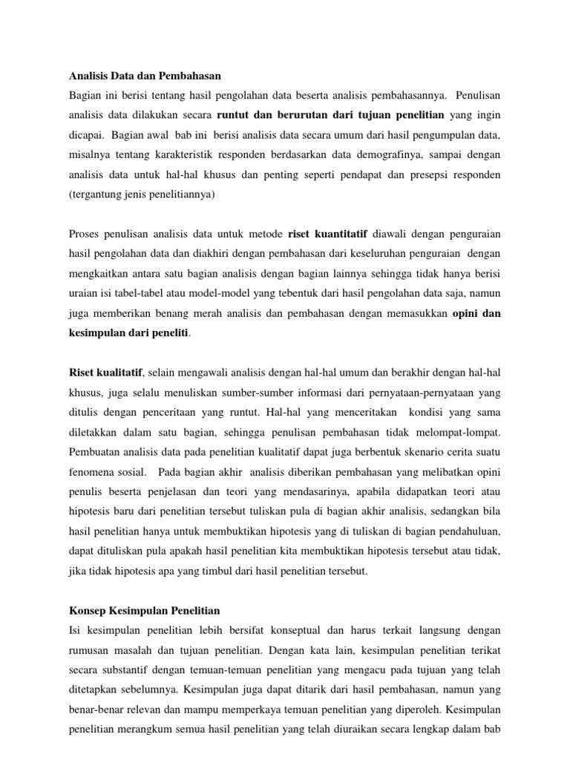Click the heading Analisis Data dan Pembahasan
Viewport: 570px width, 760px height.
(145, 76)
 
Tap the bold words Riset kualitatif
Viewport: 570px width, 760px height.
(105, 371)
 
